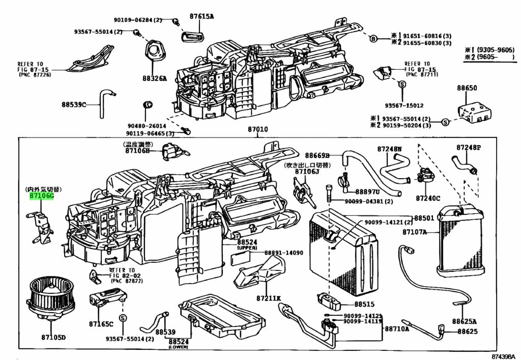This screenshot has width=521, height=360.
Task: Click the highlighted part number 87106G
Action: pyautogui.click(x=41, y=196)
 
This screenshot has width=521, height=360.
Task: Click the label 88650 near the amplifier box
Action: pyautogui.click(x=466, y=88)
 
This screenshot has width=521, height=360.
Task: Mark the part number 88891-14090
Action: pyautogui.click(x=283, y=253)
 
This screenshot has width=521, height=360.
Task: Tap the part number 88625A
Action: pyautogui.click(x=467, y=321)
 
